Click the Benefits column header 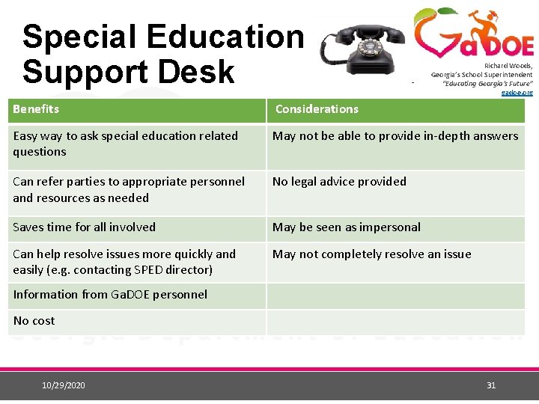pyautogui.click(x=36, y=109)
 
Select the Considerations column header pyautogui.click(x=317, y=109)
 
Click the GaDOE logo pyautogui.click(x=473, y=34)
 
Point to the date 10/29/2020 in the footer pyautogui.click(x=64, y=385)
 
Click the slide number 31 pyautogui.click(x=491, y=385)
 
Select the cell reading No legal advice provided pyautogui.click(x=339, y=182)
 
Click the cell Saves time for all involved pyautogui.click(x=84, y=227)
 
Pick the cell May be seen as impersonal pyautogui.click(x=346, y=227)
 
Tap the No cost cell pyautogui.click(x=34, y=321)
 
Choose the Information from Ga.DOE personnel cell pyautogui.click(x=110, y=295)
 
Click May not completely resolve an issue pyautogui.click(x=371, y=254)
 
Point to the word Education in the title pyautogui.click(x=225, y=37)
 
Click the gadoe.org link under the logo pyautogui.click(x=517, y=93)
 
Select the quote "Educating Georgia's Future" pyautogui.click(x=487, y=84)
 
